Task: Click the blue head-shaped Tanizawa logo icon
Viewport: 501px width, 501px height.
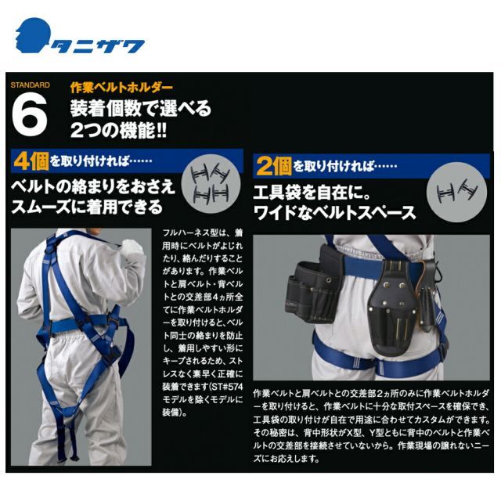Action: (x=32, y=38)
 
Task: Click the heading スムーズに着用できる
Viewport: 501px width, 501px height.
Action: (x=87, y=207)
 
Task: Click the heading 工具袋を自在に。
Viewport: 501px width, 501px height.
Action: (x=309, y=192)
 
